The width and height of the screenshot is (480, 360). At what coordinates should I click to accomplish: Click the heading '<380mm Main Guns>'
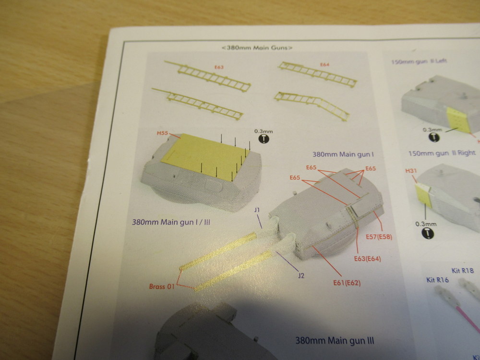click(x=257, y=48)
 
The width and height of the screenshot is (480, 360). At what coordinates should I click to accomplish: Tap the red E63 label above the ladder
click(x=219, y=67)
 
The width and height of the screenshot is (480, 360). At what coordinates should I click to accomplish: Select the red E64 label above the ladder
click(x=324, y=65)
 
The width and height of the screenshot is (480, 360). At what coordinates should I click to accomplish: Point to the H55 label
click(x=163, y=133)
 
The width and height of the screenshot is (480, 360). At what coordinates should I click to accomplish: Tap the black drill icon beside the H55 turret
click(x=264, y=139)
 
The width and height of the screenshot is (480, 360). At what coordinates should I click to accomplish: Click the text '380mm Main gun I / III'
click(x=171, y=222)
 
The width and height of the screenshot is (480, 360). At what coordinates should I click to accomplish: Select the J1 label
click(x=257, y=210)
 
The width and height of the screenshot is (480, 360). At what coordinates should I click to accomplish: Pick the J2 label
click(x=301, y=276)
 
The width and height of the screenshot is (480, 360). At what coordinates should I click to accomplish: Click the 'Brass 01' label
click(x=162, y=287)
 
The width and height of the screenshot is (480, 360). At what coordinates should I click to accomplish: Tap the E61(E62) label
click(x=347, y=283)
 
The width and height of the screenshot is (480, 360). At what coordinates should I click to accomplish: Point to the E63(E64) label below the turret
click(x=367, y=259)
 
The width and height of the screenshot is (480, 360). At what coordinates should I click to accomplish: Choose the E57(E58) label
click(x=379, y=237)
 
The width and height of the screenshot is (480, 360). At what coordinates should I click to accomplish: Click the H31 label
click(x=411, y=170)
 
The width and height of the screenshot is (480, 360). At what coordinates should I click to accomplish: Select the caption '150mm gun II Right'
click(x=442, y=153)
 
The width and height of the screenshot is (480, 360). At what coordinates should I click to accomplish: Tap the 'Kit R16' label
click(x=437, y=279)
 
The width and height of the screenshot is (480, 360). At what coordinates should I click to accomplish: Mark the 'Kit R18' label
click(x=463, y=270)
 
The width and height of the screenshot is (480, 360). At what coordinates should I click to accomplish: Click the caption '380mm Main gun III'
click(x=335, y=340)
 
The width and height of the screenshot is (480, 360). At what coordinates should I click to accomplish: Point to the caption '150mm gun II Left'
click(x=419, y=61)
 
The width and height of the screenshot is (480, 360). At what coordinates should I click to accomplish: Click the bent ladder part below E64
click(x=312, y=105)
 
